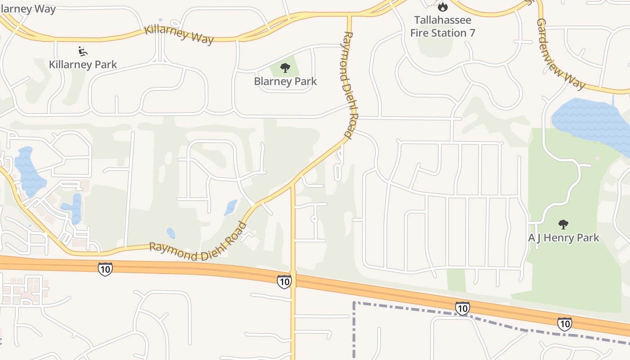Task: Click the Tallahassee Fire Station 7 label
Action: (x=442, y=27)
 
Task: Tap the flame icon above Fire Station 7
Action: (x=443, y=7)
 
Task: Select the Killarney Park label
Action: (x=83, y=64)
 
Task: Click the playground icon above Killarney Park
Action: (x=83, y=51)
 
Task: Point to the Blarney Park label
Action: (x=285, y=81)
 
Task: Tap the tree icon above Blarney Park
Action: (x=285, y=68)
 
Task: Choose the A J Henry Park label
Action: (x=563, y=238)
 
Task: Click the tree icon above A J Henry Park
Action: (x=563, y=224)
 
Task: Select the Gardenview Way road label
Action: (x=561, y=54)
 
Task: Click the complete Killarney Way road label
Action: (x=179, y=34)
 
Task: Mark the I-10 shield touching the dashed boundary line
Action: (x=462, y=308)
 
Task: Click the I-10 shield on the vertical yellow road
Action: (x=284, y=282)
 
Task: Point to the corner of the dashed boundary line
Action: (x=355, y=303)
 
